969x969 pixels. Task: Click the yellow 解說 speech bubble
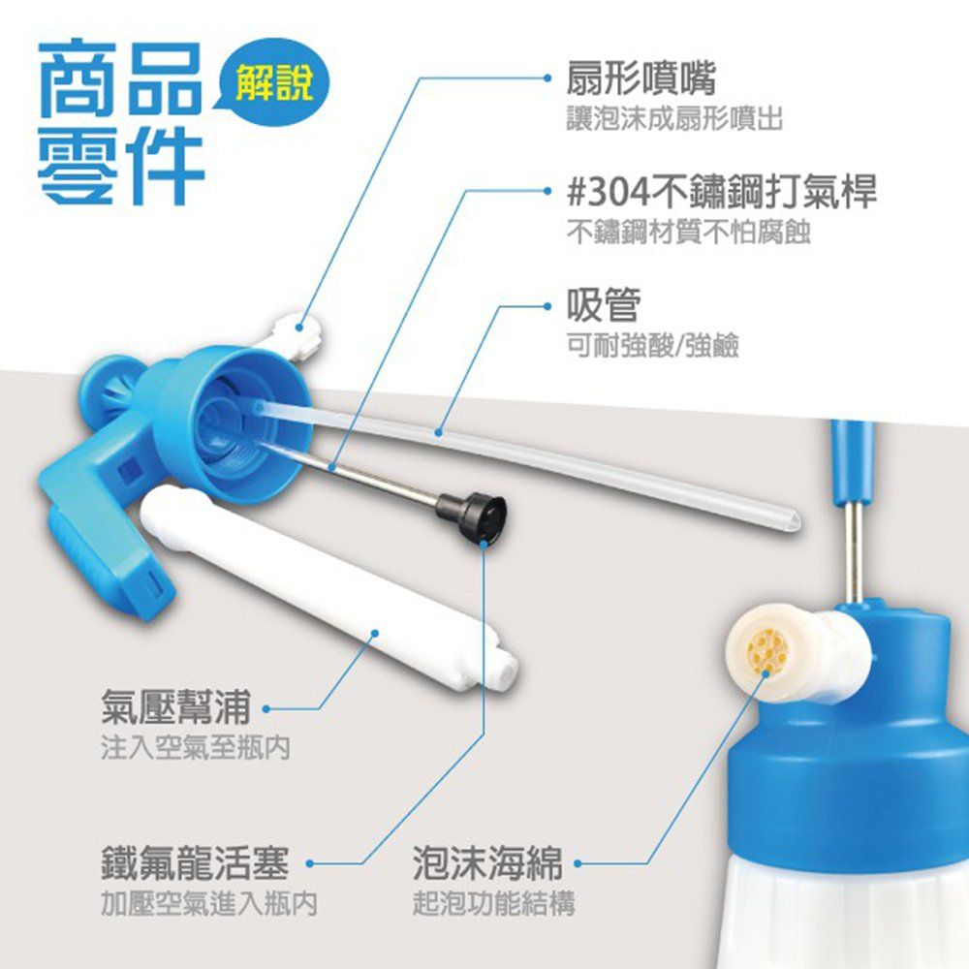tap(274, 82)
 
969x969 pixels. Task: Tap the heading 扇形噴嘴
tap(641, 78)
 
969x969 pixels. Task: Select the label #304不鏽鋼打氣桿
tap(721, 192)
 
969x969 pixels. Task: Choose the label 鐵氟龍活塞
tap(195, 862)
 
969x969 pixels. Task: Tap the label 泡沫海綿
tap(487, 862)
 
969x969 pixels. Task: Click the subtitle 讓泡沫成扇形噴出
tap(674, 118)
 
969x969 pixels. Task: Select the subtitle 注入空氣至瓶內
tap(196, 747)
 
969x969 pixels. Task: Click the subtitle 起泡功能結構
tap(494, 903)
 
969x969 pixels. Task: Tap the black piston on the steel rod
tap(472, 517)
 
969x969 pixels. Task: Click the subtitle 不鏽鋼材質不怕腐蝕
tap(688, 233)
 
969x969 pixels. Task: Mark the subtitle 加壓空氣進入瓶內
tap(209, 903)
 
